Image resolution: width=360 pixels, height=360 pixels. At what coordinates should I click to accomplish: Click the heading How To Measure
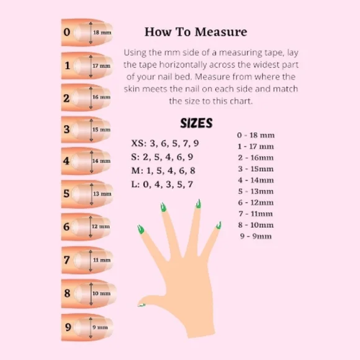[196, 32]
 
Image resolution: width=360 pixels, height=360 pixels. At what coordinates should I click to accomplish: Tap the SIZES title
[196, 123]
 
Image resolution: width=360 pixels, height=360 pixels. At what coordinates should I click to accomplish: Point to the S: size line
[162, 157]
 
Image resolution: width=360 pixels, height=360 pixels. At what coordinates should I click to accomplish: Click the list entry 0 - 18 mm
[256, 135]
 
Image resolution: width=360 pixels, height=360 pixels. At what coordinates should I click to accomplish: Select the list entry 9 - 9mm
[254, 236]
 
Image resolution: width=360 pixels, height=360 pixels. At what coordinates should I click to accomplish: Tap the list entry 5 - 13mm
[255, 191]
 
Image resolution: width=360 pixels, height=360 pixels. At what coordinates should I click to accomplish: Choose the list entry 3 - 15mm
[255, 168]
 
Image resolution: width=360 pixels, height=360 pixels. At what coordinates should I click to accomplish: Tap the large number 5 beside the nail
[66, 194]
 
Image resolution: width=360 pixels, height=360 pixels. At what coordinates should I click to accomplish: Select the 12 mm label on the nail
[101, 227]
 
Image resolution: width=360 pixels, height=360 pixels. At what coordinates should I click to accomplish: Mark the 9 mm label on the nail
[100, 327]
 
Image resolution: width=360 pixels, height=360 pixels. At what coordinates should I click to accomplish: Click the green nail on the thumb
[142, 304]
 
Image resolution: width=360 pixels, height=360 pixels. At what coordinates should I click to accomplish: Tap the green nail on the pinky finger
[218, 225]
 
